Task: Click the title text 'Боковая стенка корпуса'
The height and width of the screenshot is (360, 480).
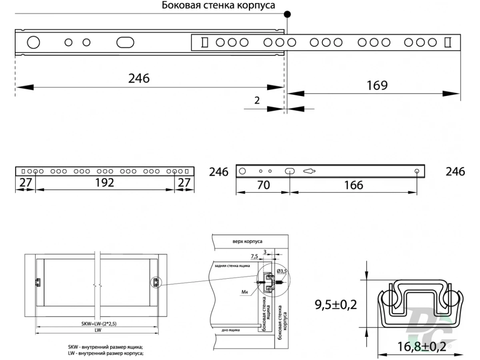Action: (x=218, y=5)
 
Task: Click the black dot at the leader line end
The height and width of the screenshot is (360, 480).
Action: (x=287, y=14)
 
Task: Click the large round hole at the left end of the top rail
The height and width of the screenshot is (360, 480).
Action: (x=34, y=42)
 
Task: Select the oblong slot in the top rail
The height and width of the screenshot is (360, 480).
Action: (x=125, y=42)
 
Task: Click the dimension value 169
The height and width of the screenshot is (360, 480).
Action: (x=377, y=85)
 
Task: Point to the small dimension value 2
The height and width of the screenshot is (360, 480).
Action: (x=257, y=100)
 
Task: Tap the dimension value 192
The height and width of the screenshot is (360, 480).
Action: (x=104, y=182)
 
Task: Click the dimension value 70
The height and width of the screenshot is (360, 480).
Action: (x=263, y=185)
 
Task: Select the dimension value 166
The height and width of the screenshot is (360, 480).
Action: (x=354, y=185)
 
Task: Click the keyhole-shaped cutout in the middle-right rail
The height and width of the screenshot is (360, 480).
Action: (x=309, y=171)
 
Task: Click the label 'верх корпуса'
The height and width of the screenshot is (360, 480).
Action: (x=247, y=241)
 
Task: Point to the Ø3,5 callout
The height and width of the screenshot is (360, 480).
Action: (x=282, y=271)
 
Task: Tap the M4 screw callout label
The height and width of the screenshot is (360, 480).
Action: (x=245, y=292)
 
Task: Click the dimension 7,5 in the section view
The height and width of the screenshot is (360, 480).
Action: (x=254, y=256)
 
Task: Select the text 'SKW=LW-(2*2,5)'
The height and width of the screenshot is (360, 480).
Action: (x=99, y=324)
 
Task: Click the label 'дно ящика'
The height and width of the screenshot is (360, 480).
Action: (x=230, y=330)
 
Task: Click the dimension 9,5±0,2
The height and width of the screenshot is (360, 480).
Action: (x=336, y=305)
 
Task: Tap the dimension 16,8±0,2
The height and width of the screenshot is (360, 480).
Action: (x=421, y=347)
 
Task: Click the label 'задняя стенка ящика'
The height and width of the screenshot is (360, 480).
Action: (x=232, y=266)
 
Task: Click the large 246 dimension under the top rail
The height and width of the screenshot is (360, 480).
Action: (x=139, y=78)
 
